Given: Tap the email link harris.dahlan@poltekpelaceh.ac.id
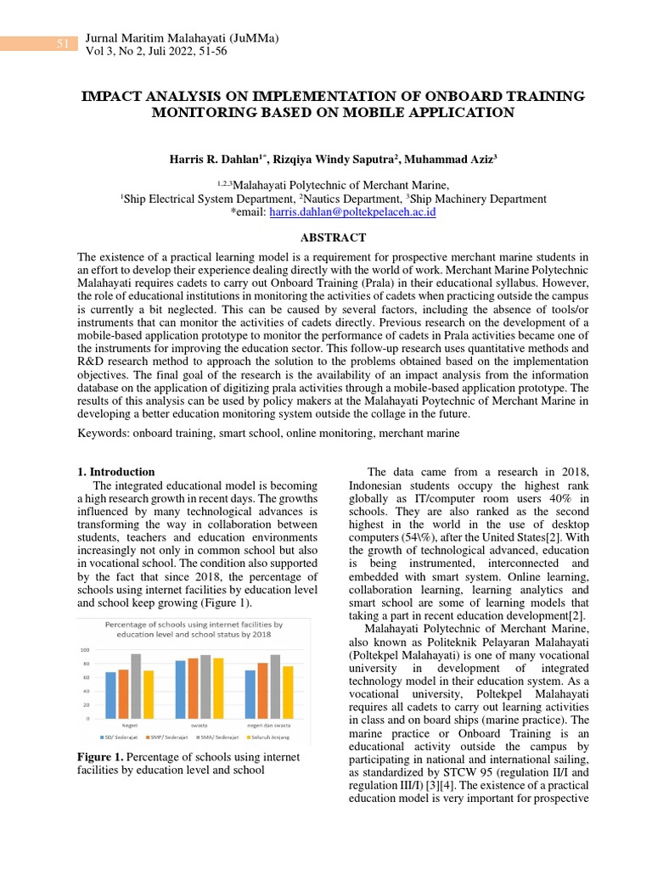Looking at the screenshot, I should click(352, 212).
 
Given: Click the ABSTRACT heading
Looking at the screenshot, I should click(326, 238).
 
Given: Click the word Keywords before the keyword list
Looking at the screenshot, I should click(104, 433).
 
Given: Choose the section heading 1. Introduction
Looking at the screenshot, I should click(116, 472).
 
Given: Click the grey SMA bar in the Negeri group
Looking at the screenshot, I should click(135, 686).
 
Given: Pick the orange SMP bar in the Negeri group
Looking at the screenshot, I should click(123, 693).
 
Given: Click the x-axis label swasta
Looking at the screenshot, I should click(199, 726).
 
